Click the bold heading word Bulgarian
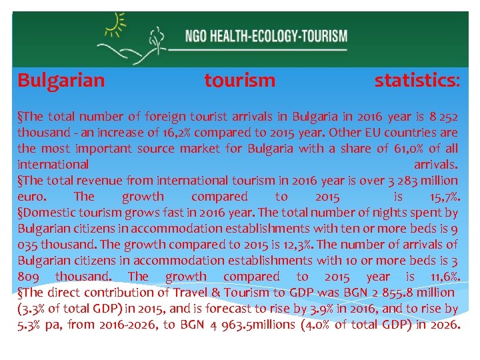61,81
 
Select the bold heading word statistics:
417,81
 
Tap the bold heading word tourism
239,81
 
